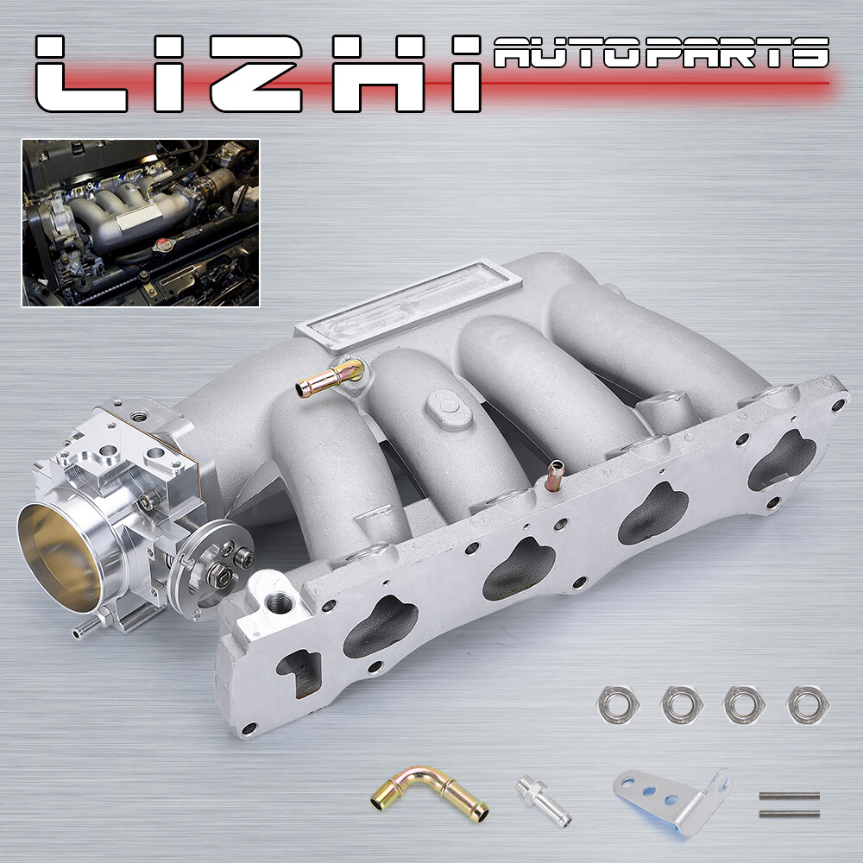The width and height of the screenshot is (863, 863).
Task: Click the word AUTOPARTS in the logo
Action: [x=660, y=54]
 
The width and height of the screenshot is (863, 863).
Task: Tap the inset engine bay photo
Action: [x=141, y=223]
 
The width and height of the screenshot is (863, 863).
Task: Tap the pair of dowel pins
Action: [x=789, y=804]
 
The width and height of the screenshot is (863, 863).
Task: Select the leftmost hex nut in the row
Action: [x=618, y=705]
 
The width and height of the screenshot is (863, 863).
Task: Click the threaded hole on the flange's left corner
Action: [x=278, y=602]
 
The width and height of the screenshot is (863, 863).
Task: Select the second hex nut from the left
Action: [x=682, y=705]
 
